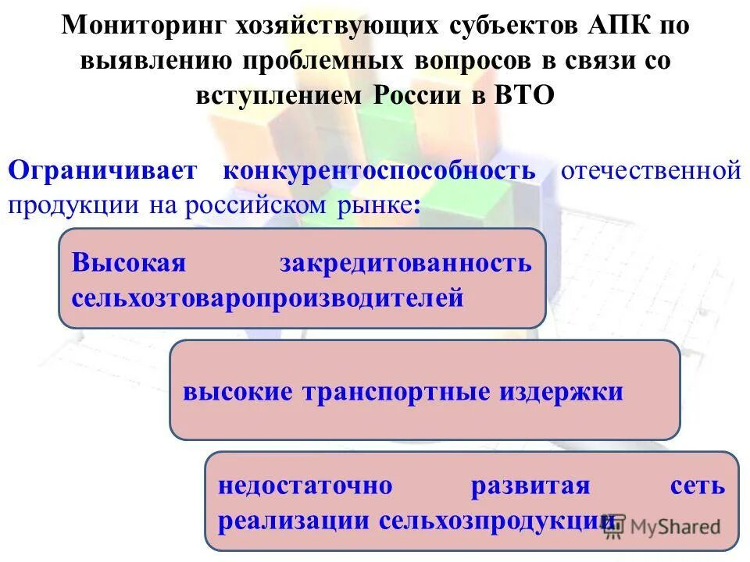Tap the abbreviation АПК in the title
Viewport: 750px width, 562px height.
pos(616,26)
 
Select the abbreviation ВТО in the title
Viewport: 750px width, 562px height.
pos(524,95)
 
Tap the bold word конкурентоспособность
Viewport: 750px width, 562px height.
pos(380,171)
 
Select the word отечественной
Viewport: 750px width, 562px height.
pos(650,171)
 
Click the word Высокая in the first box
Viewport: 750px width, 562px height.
pos(129,262)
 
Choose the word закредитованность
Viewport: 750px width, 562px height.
pos(405,262)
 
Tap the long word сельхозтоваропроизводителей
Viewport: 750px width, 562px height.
pos(268,297)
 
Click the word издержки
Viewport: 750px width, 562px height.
pos(561,391)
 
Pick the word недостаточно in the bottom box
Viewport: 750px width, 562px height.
pos(305,486)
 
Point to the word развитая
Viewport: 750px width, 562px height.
pos(530,486)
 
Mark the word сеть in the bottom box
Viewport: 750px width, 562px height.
pos(698,486)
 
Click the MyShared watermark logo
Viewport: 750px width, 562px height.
pos(662,526)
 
